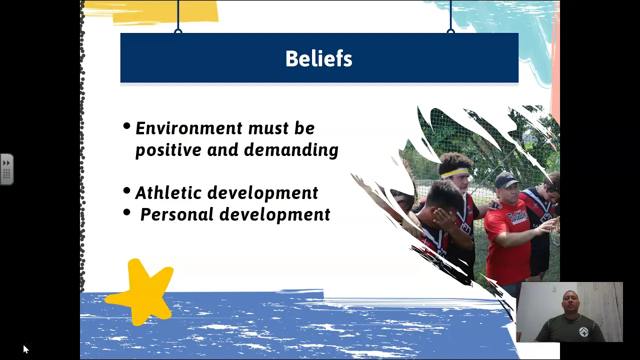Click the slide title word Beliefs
(319, 58)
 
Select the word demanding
(291, 150)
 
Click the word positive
(168, 150)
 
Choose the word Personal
(177, 214)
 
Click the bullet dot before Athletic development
(126, 190)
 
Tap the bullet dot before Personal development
(126, 212)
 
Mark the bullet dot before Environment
(126, 126)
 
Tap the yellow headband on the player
(455, 173)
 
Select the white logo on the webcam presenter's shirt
(583, 331)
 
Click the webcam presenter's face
(570, 303)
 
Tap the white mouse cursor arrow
(25, 349)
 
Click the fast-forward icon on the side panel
(6, 163)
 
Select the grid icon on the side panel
(6, 173)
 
